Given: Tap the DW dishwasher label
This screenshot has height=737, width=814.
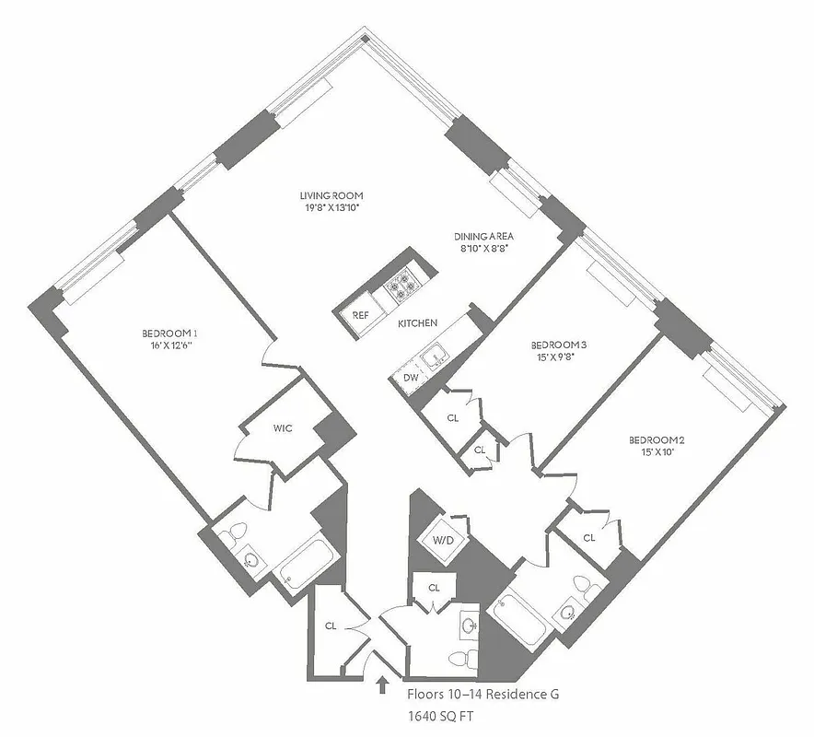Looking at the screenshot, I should (x=411, y=378).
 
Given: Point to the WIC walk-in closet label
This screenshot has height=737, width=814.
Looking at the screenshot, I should (x=283, y=428).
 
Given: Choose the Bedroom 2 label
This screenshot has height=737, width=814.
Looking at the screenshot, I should (x=657, y=439).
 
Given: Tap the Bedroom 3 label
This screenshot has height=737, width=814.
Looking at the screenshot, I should (x=559, y=345).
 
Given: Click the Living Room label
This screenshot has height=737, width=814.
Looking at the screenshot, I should (x=331, y=195).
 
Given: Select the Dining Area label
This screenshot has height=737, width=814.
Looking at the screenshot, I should (x=482, y=235).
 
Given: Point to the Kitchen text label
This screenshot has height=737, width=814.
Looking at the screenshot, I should (x=417, y=323).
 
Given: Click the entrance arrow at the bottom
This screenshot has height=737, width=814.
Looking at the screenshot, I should (x=382, y=684).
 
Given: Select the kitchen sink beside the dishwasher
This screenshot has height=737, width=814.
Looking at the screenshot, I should (x=433, y=354).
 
